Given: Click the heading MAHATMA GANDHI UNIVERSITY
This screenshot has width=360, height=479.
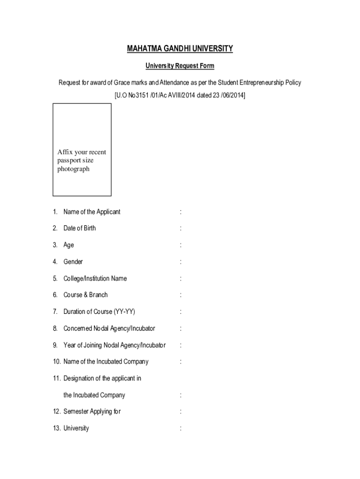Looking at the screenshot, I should point(180,49).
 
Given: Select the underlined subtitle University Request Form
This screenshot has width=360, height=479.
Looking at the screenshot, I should point(180,66).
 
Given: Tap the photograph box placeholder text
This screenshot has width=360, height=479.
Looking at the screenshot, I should point(82,160).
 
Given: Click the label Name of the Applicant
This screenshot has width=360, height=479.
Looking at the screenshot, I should point(92,212).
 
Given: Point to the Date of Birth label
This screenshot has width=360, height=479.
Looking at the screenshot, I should point(79,228).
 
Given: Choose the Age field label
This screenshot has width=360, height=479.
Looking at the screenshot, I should point(69,245).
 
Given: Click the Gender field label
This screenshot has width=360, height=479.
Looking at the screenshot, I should point(73,262).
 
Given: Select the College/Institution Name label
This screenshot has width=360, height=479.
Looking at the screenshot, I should point(95,278).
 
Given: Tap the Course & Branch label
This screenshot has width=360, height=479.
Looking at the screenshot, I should point(86,295).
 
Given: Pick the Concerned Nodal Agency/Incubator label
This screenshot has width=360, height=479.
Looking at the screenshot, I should point(109,328).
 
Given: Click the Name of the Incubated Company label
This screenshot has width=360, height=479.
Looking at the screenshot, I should point(106,362).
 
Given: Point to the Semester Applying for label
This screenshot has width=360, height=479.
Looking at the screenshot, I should point(92,412).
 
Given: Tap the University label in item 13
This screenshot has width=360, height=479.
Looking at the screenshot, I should point(76,428).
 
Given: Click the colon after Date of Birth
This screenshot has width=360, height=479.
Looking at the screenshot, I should point(180,228).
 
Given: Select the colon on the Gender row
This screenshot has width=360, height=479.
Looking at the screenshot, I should point(180,262).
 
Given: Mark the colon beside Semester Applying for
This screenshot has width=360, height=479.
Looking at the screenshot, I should point(180,412).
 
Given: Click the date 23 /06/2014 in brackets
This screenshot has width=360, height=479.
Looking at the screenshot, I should point(225,95).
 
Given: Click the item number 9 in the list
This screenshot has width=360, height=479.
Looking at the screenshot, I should point(55,345).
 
